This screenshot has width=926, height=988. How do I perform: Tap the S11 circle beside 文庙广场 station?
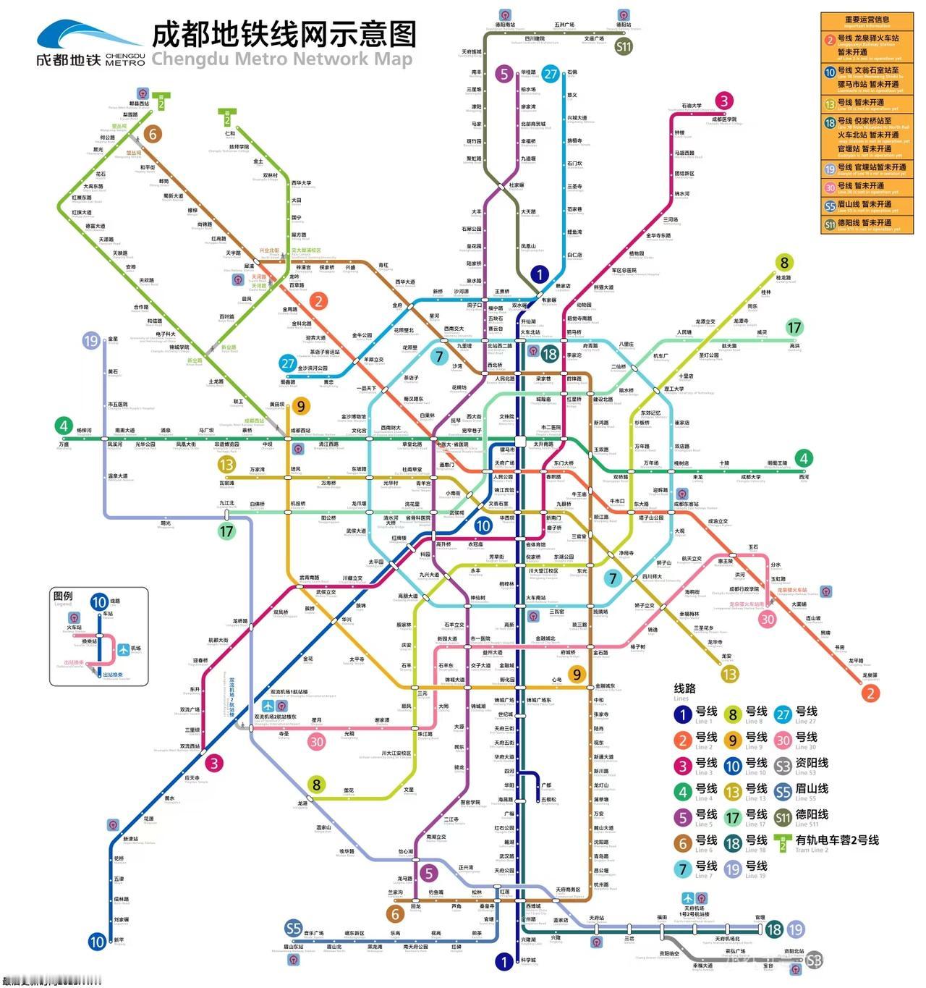click(623, 47)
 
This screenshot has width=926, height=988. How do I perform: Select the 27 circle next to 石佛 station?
click(551, 74)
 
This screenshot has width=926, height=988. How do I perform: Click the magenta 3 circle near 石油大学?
click(723, 101)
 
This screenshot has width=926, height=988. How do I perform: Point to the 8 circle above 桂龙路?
click(783, 263)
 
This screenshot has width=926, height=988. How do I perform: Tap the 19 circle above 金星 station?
click(91, 341)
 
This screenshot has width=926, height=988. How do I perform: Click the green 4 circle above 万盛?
click(64, 426)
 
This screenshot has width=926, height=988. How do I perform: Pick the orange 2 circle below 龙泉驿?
click(870, 693)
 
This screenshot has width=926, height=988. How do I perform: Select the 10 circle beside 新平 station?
click(98, 942)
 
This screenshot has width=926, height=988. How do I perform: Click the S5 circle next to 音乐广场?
click(293, 929)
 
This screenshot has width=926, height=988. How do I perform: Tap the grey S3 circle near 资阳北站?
click(814, 960)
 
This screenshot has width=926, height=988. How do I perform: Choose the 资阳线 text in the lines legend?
click(812, 763)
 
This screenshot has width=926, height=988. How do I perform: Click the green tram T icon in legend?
click(783, 842)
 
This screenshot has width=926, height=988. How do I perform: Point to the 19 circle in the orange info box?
click(830, 168)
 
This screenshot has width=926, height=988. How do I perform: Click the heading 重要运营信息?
click(867, 20)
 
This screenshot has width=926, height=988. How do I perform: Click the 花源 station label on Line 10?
click(148, 819)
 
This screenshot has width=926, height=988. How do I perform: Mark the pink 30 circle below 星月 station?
click(317, 742)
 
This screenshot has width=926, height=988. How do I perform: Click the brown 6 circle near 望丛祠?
click(152, 134)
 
